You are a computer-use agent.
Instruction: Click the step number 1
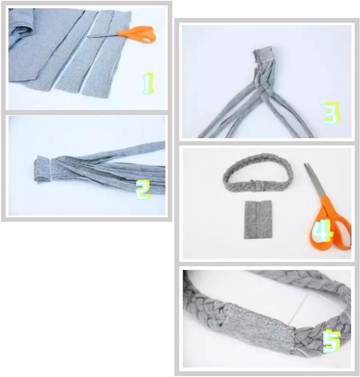[148, 83]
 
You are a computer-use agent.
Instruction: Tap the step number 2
[143, 190]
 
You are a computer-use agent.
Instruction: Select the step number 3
[332, 113]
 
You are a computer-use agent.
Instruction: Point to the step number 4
[322, 231]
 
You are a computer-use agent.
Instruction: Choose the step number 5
[332, 341]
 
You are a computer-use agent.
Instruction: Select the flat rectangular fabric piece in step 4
[258, 220]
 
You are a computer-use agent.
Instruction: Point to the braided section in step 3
[263, 77]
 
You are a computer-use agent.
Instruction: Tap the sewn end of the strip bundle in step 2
[43, 169]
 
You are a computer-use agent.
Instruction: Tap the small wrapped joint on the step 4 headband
[257, 186]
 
